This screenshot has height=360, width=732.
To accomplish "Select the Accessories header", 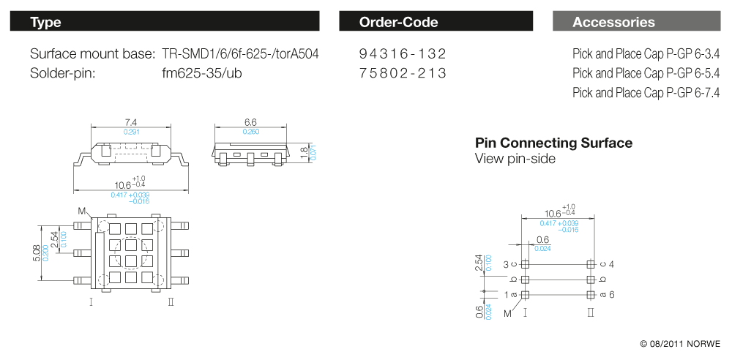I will point(613,22).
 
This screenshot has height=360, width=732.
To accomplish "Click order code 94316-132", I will point(403,54).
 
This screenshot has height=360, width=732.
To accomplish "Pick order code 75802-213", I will point(403,73).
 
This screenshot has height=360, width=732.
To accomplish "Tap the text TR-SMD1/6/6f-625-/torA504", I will point(240,54).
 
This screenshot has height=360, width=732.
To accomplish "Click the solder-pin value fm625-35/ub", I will point(201,73).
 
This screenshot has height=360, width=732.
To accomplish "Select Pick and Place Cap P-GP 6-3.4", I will point(646,54).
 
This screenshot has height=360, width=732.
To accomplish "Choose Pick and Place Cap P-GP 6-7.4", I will point(646,93).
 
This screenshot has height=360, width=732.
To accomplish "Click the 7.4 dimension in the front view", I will point(131,121).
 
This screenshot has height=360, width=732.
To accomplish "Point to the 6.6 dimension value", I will point(250,121).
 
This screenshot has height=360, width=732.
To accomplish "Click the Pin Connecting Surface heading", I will point(553,143).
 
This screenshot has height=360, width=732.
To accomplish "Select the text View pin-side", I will point(515,159).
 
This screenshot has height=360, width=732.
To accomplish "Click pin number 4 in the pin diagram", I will point(611,264).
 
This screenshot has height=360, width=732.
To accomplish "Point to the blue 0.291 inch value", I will point(131,131).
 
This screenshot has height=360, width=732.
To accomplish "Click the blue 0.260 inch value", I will point(250,131).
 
